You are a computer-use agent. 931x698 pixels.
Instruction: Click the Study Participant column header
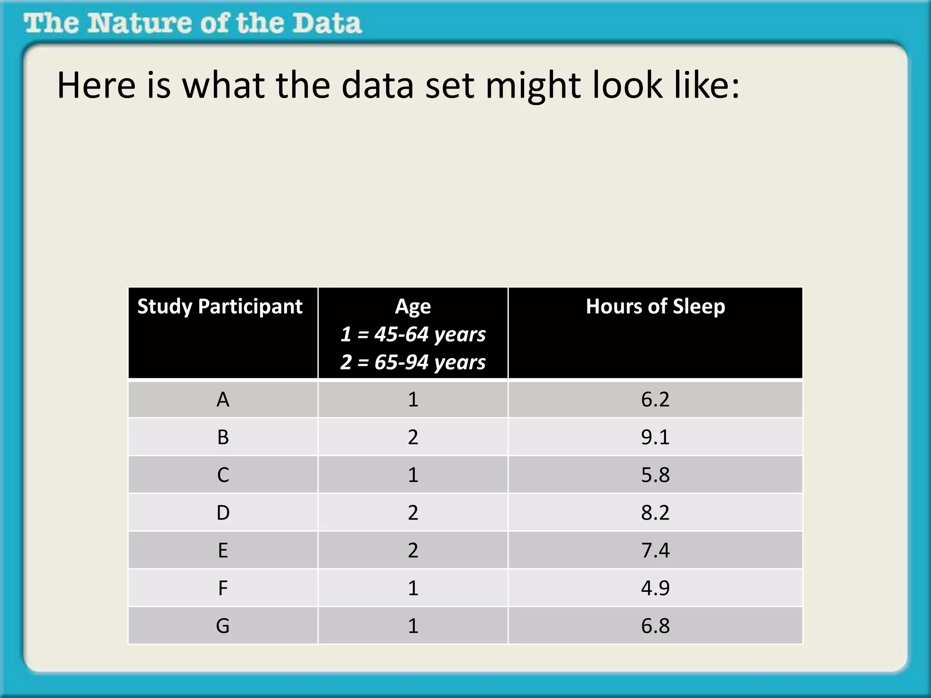[x=220, y=307]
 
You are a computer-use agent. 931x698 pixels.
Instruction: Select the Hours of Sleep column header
[x=655, y=307]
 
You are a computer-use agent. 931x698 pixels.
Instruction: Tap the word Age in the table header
[x=413, y=307]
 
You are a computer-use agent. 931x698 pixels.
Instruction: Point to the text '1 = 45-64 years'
[x=413, y=334]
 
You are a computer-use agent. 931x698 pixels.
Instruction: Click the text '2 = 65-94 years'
[x=413, y=362]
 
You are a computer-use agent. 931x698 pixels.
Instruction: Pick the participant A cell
[x=223, y=400]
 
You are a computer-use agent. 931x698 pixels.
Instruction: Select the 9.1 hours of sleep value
[x=655, y=437]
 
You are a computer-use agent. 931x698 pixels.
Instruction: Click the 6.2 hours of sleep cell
[x=655, y=400]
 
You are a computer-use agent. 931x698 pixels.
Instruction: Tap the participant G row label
[x=223, y=626]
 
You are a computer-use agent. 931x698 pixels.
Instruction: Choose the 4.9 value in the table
[x=655, y=588]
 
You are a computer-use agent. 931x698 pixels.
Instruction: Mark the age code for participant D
[x=413, y=513]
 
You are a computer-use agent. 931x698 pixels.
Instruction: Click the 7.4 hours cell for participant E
[x=655, y=550]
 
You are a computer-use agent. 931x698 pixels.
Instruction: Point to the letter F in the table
[x=223, y=588]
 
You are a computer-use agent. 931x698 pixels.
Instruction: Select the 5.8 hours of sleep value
[x=655, y=475]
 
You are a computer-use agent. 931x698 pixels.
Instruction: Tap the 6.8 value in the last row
[x=655, y=626]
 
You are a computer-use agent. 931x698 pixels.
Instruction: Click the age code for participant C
[x=413, y=475]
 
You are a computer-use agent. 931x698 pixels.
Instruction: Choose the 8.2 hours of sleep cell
[x=655, y=513]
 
